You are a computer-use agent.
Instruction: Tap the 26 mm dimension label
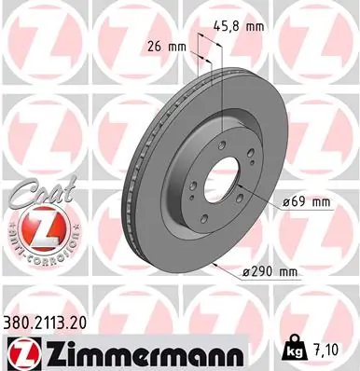click(163, 45)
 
